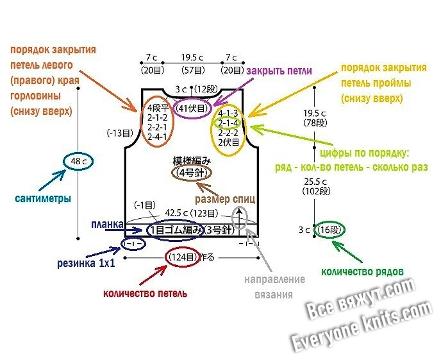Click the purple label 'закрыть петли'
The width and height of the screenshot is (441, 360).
tap(279, 71)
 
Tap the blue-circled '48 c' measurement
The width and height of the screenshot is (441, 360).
tap(79, 162)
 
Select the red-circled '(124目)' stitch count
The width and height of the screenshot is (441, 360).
tap(183, 257)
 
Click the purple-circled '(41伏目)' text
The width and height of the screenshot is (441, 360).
tap(193, 109)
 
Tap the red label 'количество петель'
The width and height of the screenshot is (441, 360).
tap(146, 293)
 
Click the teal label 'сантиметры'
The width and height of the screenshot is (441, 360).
tap(43, 198)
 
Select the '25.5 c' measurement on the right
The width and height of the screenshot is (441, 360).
tap(315, 180)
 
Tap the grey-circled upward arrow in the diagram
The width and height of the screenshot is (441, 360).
tap(240, 218)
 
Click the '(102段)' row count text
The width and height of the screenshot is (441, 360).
tap(315, 191)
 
